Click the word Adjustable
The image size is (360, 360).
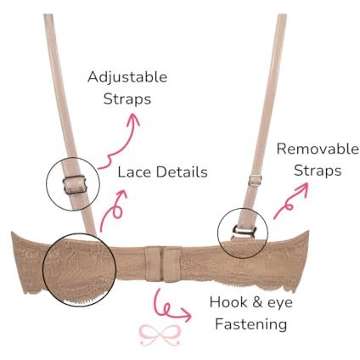[127, 77]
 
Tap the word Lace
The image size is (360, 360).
[134, 172]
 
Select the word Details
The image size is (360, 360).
[182, 172]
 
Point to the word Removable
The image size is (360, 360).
[318, 149]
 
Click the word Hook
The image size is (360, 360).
[228, 302]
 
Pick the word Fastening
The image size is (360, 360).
[251, 323]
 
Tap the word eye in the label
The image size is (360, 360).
[280, 303]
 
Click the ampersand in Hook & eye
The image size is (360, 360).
[257, 302]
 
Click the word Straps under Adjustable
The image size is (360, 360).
[127, 99]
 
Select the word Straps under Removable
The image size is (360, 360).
[318, 171]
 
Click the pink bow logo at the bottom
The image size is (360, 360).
[160, 335]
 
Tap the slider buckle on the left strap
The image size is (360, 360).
[74, 185]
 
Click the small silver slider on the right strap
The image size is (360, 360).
[255, 180]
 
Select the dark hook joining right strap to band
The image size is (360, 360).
[244, 231]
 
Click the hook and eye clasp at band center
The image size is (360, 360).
[164, 264]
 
